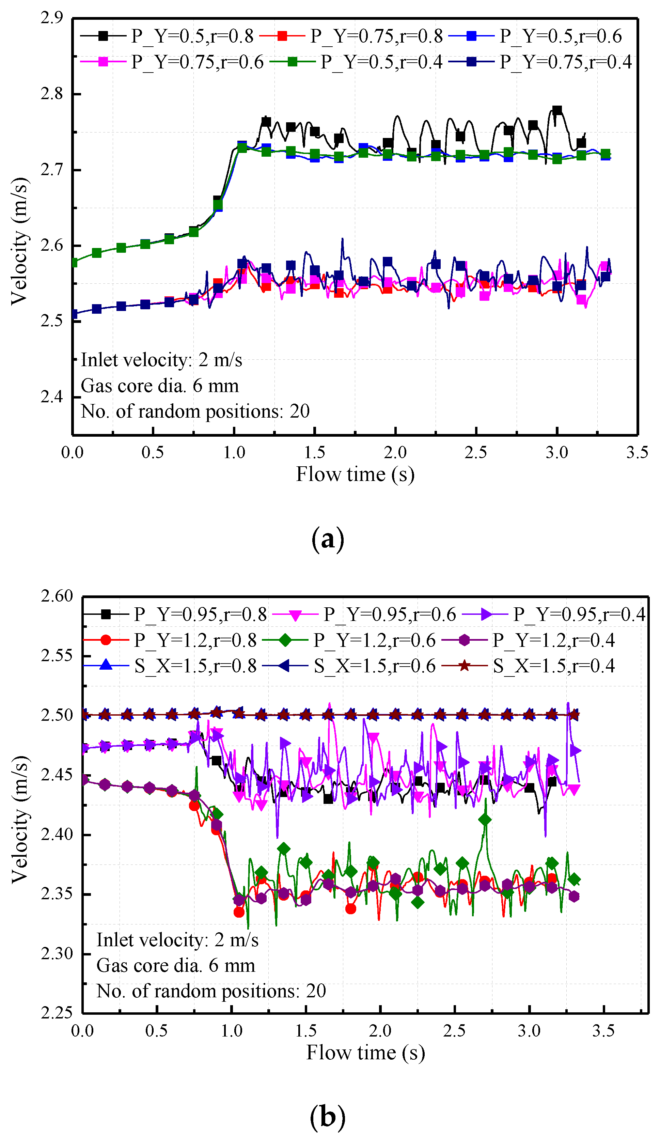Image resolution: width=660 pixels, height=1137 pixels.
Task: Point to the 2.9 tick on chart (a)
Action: point(51,18)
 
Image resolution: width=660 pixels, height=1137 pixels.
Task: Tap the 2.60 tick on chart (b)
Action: point(57,596)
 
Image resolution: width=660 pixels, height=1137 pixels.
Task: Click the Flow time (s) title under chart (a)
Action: point(355,474)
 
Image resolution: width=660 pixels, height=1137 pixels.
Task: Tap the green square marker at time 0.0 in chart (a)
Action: point(74,262)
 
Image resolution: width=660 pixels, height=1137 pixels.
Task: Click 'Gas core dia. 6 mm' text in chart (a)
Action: point(160,386)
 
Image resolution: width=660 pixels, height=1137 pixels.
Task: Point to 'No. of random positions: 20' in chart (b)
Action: point(211,991)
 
